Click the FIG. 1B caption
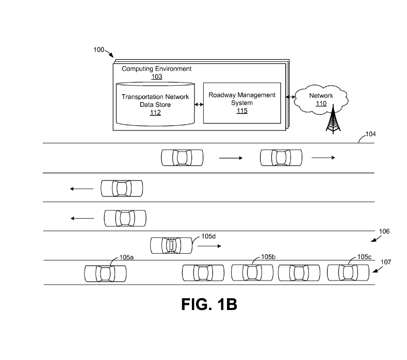pyautogui.click(x=209, y=304)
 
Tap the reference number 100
pyautogui.click(x=99, y=50)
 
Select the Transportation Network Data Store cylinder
pyautogui.click(x=155, y=104)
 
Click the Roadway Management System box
pyautogui.click(x=242, y=103)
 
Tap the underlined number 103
pyautogui.click(x=157, y=77)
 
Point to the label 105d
pyautogui.click(x=208, y=236)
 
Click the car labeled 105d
pyautogui.click(x=171, y=246)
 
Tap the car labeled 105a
pyautogui.click(x=105, y=273)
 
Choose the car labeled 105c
pyautogui.click(x=348, y=273)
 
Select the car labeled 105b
pyautogui.click(x=252, y=273)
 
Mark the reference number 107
pyautogui.click(x=385, y=261)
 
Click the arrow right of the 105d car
pyautogui.click(x=209, y=247)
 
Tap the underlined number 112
pyautogui.click(x=155, y=112)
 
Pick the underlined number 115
pyautogui.click(x=242, y=111)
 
